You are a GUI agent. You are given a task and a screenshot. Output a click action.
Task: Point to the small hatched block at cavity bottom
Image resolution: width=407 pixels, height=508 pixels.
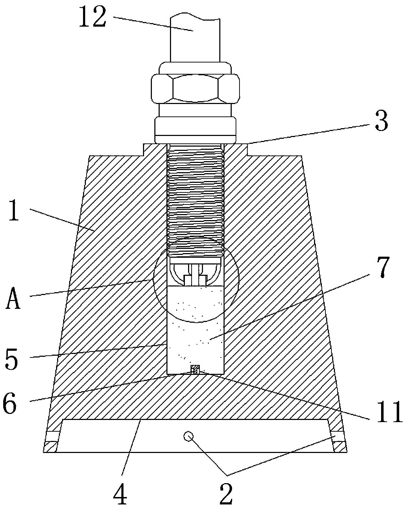point(195,370)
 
